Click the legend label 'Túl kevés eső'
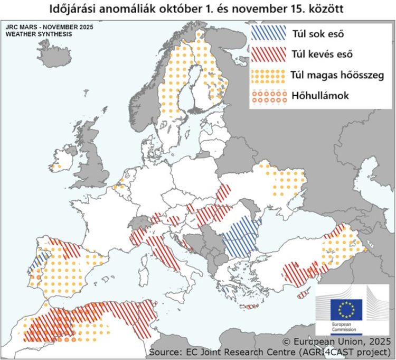322,54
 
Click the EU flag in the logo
346,309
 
